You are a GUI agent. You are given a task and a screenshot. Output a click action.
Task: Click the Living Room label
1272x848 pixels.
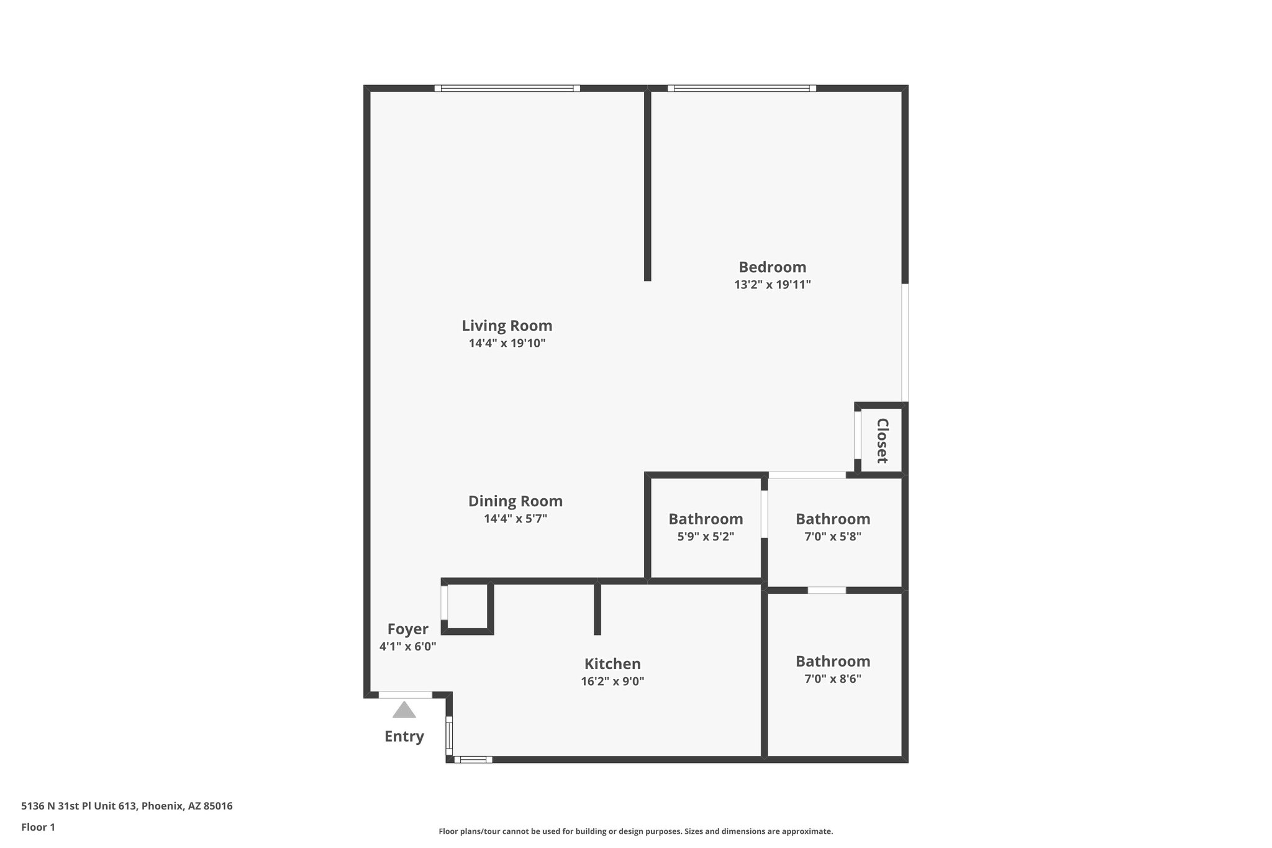tap(507, 326)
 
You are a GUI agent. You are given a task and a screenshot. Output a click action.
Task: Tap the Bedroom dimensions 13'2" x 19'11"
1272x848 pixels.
tap(772, 285)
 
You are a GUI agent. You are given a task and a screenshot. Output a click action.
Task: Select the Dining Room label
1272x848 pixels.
tap(515, 501)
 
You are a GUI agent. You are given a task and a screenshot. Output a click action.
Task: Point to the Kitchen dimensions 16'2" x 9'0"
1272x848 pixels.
tap(612, 681)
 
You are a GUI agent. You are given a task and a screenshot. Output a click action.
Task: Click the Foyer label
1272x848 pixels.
tap(407, 629)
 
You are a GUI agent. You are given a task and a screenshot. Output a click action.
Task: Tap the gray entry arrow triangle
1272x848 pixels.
tap(404, 710)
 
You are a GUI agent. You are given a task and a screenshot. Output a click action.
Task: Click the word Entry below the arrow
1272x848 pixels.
tap(404, 736)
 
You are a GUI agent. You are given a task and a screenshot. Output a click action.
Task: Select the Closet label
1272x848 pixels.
tap(882, 440)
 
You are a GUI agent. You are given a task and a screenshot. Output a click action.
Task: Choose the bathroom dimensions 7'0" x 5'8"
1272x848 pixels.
tap(832, 536)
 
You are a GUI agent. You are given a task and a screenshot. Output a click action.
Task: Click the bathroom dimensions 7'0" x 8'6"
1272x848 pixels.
tap(832, 678)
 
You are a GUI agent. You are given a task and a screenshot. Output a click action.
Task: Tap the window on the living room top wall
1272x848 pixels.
tap(507, 88)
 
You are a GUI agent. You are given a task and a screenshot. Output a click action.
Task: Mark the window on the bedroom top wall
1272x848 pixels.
tap(742, 88)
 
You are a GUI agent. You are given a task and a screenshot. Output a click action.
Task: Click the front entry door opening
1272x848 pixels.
tap(405, 695)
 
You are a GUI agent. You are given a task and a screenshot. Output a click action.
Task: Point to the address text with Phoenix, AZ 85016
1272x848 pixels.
tap(127, 806)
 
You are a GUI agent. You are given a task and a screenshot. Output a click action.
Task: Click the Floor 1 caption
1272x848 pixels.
tap(38, 827)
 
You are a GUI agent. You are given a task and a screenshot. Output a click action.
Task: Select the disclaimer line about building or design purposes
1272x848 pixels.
tap(635, 831)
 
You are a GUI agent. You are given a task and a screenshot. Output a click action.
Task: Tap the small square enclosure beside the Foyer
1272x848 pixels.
tap(467, 606)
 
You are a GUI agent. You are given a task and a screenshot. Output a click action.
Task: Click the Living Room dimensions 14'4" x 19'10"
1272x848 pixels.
tap(507, 343)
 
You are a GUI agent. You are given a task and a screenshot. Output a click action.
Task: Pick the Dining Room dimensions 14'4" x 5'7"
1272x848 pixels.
tap(515, 518)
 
